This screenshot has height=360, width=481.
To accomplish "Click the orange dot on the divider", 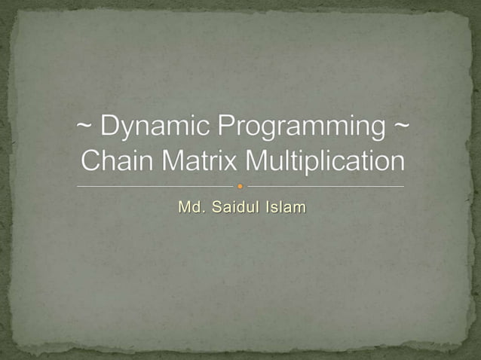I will pos(240,186).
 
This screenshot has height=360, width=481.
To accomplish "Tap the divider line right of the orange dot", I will pos(324,186).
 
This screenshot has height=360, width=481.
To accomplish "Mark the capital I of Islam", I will pos(268,206).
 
